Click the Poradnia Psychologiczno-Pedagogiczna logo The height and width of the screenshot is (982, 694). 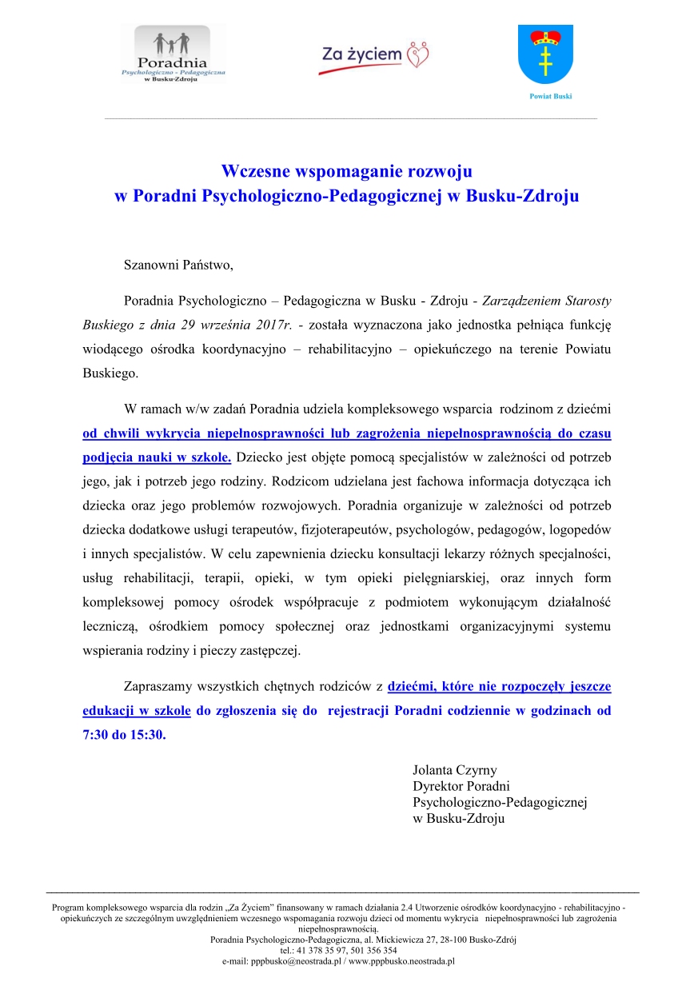point(173,54)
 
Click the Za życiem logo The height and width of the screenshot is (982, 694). point(374,56)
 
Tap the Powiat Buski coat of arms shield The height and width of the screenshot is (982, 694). point(545,54)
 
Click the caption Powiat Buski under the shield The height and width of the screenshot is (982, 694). point(551,96)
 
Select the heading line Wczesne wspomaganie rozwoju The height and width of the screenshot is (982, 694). point(346,171)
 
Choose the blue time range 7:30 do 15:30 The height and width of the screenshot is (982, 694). point(125,735)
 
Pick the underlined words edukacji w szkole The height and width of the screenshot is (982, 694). point(137,711)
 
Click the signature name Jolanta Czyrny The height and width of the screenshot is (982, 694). point(454,771)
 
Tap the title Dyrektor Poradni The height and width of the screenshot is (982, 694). point(461,787)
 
